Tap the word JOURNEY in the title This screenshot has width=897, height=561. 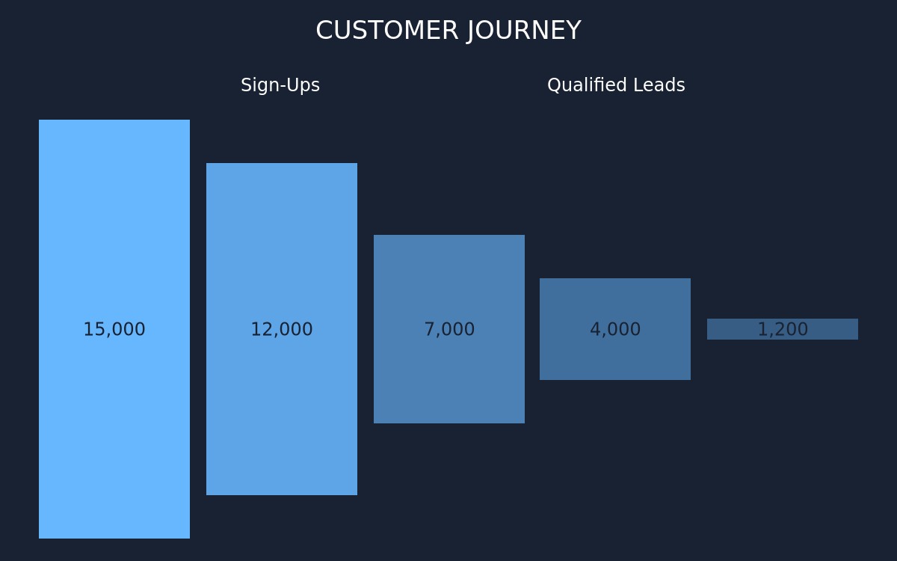click(x=524, y=31)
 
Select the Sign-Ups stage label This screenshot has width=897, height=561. click(x=280, y=85)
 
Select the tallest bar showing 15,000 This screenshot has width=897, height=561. click(x=114, y=329)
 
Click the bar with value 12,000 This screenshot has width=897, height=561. click(x=282, y=329)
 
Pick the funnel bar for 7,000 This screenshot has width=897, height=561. click(x=449, y=329)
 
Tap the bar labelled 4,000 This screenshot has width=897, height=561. click(x=615, y=329)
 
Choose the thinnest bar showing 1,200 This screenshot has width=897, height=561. click(x=783, y=329)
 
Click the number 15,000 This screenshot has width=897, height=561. click(x=114, y=329)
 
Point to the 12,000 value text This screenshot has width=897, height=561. click(x=282, y=329)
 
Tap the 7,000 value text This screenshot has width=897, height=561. click(x=449, y=329)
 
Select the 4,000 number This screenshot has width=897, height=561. click(x=615, y=329)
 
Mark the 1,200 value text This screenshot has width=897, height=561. click(x=783, y=329)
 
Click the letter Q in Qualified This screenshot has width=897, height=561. click(x=554, y=85)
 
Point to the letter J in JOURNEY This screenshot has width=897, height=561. click(x=472, y=31)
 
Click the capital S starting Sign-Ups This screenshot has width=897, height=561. click(x=246, y=85)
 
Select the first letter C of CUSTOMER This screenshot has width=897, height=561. click(x=324, y=31)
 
